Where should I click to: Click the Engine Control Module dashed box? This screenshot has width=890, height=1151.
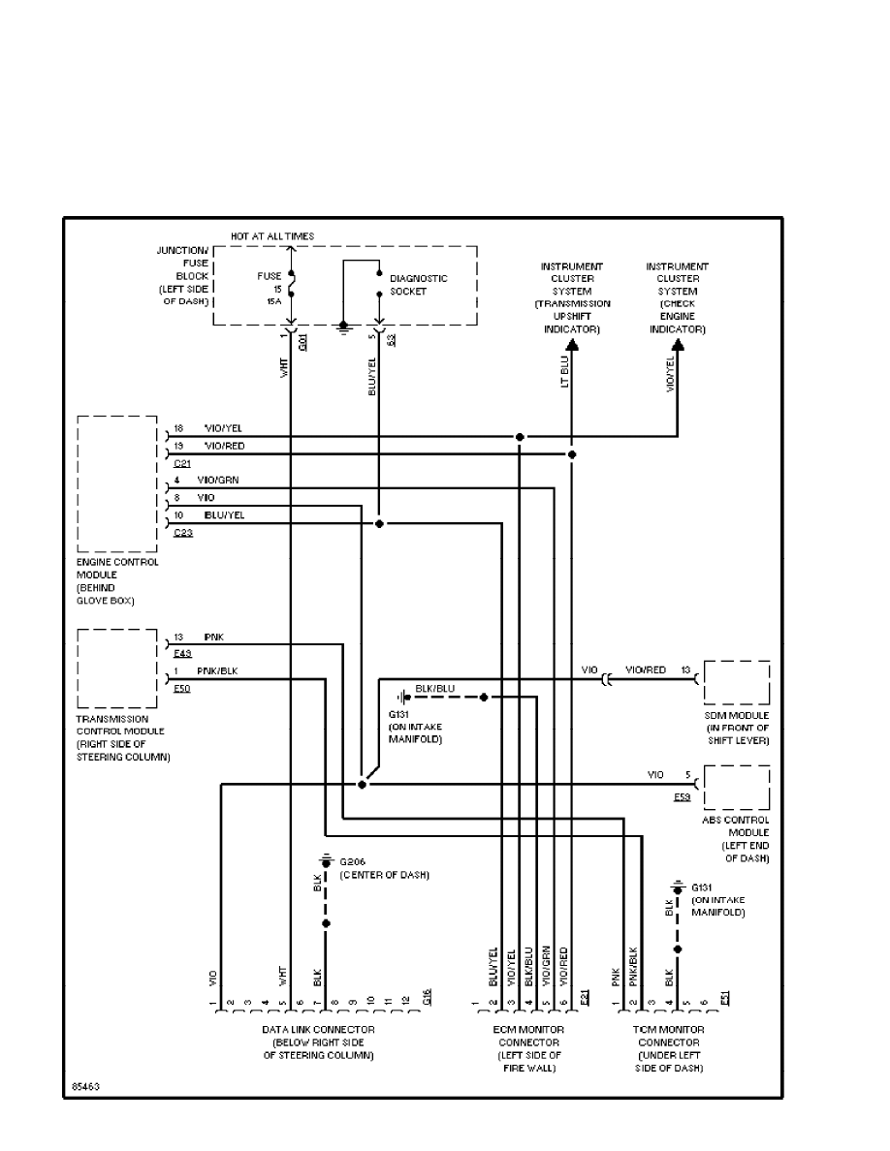pos(116,483)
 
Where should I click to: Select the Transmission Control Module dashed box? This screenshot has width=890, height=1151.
pos(116,668)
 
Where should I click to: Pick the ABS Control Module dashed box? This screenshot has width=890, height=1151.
pos(736,788)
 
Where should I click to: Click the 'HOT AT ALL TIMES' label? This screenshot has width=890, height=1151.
pos(272,236)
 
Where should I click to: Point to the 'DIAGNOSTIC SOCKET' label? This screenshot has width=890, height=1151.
pos(419,285)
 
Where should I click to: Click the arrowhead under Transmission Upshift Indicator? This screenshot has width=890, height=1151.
pos(572,342)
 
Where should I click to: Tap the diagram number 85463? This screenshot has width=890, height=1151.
pos(85,1088)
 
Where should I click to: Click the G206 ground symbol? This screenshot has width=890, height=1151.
pos(326,861)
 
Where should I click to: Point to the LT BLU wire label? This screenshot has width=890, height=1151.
pos(564,375)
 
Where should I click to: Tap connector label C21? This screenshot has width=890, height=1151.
pos(181,464)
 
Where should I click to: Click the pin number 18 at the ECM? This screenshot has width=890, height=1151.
pos(178,427)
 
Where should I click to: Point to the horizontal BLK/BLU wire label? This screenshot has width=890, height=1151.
pos(434,689)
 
